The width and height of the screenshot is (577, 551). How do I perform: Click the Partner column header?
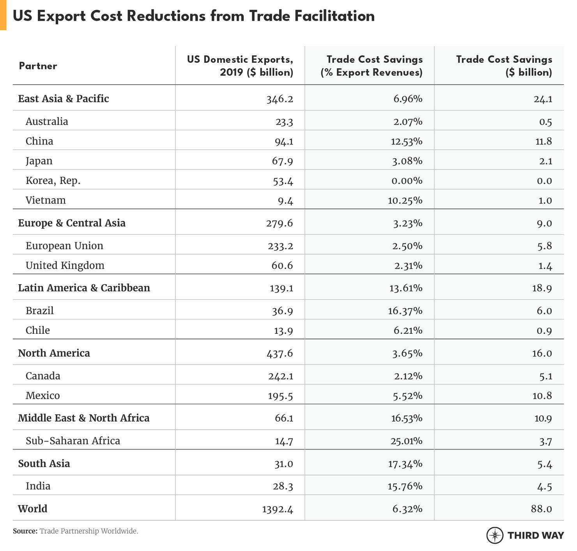pos(38,66)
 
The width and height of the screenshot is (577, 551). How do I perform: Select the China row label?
pos(39,141)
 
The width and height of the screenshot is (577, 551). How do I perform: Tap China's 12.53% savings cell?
pos(406,141)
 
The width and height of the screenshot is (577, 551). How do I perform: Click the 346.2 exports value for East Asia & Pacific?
pos(280,99)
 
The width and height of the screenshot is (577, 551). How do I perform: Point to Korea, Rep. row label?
pos(53,181)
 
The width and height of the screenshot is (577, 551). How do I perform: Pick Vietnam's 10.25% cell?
pos(405,200)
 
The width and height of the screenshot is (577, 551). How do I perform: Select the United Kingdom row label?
pos(65,266)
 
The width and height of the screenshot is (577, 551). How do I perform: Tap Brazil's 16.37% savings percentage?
pos(405,311)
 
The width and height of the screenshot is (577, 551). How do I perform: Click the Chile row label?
pos(38,330)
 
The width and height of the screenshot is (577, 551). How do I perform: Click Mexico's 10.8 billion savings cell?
pos(542,396)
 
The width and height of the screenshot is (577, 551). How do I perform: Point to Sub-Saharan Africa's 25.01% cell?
pos(406,441)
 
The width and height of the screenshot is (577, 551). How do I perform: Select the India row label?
pos(38,486)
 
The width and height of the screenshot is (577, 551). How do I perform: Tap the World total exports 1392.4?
pos(278,509)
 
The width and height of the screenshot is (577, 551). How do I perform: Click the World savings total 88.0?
pos(542,509)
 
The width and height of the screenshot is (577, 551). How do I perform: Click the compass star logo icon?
pos(495,535)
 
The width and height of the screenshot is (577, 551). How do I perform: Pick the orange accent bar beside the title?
pos(3,15)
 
